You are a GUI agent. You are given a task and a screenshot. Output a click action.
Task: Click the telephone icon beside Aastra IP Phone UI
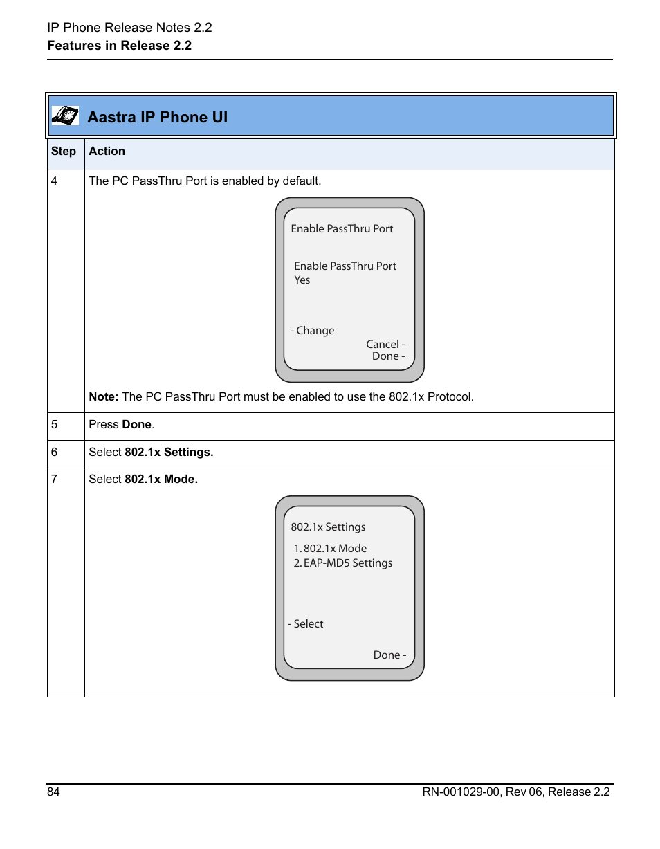[x=65, y=116]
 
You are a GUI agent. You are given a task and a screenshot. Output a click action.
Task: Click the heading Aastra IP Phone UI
[x=157, y=117]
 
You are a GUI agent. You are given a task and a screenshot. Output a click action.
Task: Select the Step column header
[x=64, y=152]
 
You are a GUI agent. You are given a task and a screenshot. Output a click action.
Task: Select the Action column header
[x=107, y=152]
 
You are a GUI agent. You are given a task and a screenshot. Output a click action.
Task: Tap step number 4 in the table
[x=54, y=181]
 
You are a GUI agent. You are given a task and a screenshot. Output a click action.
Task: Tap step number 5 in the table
[x=54, y=425]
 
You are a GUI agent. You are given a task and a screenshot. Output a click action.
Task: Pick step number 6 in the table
[x=54, y=453]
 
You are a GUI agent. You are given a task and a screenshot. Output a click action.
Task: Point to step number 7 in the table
[x=54, y=480]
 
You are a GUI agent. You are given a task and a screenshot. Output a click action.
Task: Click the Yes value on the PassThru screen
[x=302, y=280]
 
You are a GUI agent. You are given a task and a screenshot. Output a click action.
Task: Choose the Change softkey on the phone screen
[x=313, y=331]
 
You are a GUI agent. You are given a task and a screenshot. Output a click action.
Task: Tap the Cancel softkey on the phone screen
[x=385, y=345]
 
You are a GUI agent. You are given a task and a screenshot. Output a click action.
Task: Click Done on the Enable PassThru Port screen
[x=387, y=356]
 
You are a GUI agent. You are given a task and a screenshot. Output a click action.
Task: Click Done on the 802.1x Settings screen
[x=389, y=655]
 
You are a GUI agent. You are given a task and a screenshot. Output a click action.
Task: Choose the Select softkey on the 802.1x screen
[x=306, y=624]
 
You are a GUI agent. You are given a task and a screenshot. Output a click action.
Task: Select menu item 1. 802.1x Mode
[x=330, y=549]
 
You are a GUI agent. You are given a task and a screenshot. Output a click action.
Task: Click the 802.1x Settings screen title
[x=328, y=527]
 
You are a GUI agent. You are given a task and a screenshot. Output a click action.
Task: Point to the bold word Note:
[x=104, y=397]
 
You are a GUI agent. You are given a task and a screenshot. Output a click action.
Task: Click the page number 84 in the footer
[x=53, y=792]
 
